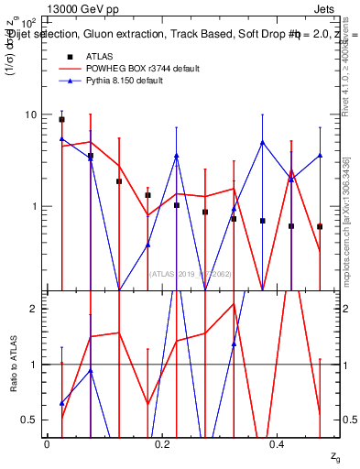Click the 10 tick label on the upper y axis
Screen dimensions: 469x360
click(x=29, y=115)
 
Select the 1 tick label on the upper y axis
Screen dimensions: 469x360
click(x=33, y=206)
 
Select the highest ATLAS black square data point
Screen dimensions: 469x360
click(x=61, y=119)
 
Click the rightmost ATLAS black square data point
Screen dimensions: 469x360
click(x=320, y=226)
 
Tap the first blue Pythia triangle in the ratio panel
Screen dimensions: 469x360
click(x=61, y=403)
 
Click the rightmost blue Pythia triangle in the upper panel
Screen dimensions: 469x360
click(x=320, y=156)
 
